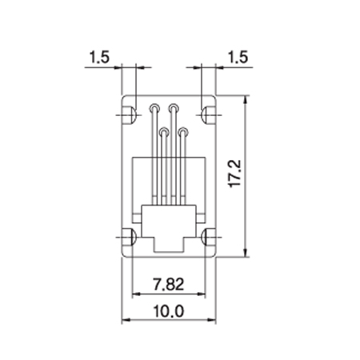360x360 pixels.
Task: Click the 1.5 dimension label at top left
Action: [99, 57]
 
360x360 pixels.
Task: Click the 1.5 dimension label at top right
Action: [238, 57]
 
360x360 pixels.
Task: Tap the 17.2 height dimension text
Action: [235, 174]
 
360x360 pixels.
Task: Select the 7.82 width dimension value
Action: [169, 284]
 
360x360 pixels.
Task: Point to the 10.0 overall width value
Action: [169, 311]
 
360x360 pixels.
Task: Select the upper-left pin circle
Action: [154, 108]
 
